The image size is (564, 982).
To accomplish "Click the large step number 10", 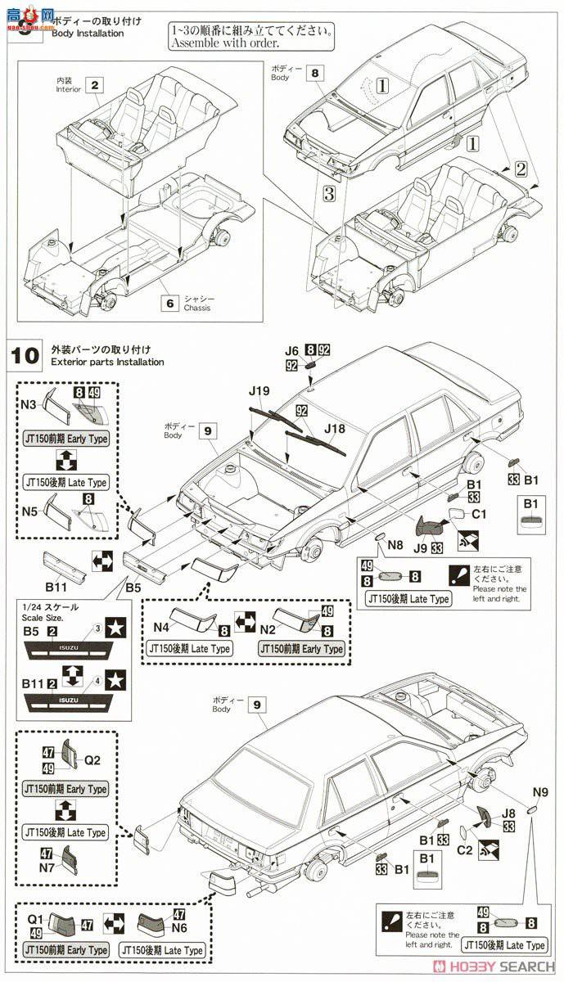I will click(25, 356).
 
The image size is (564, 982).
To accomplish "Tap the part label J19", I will click(259, 391).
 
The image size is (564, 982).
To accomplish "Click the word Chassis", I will click(197, 309).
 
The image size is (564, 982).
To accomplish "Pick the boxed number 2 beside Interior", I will click(97, 84).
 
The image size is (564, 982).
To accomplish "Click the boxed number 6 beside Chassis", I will click(170, 303).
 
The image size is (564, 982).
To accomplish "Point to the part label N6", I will click(179, 930).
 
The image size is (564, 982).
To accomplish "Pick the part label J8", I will click(508, 813).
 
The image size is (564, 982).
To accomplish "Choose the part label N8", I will click(395, 544).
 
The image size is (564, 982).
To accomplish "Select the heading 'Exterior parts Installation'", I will click(107, 362).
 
